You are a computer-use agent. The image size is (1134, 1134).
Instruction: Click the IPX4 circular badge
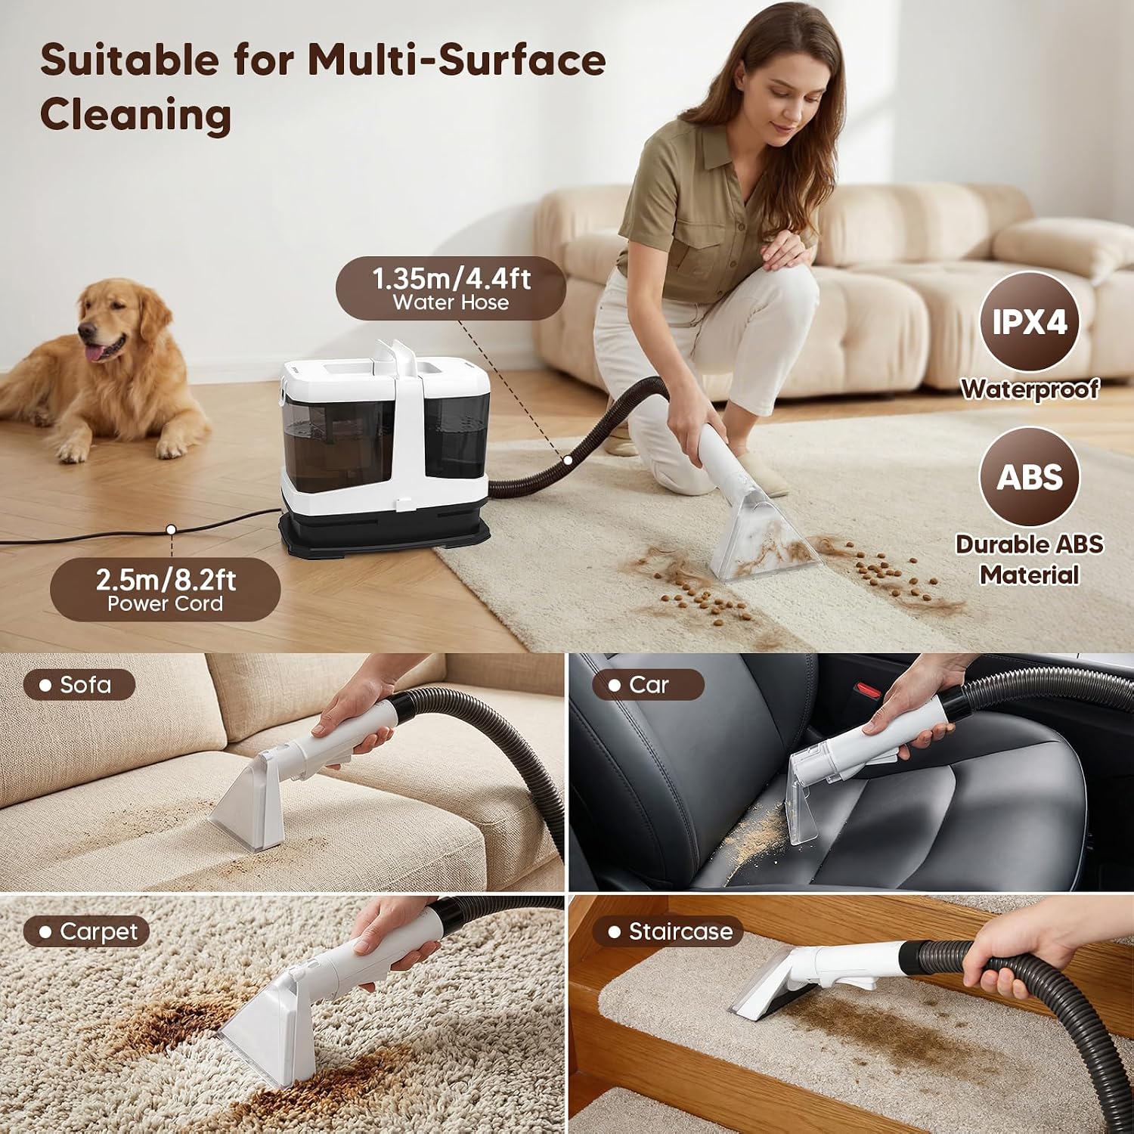(x=1029, y=322)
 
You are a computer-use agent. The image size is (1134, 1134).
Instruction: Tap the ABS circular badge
(x=1029, y=477)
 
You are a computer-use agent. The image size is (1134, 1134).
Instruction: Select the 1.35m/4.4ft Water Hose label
(x=451, y=288)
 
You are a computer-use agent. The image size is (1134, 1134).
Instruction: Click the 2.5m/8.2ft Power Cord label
(x=165, y=590)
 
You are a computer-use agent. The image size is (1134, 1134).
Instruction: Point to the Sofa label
(x=79, y=685)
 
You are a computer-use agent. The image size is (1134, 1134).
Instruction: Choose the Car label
(x=648, y=685)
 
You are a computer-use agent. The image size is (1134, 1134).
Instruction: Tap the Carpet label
(x=85, y=931)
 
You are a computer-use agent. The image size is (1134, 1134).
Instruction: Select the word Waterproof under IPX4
(x=1030, y=389)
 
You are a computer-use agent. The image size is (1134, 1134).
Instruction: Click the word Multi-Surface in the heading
(x=457, y=60)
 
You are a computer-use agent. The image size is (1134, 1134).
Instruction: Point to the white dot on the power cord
(x=172, y=530)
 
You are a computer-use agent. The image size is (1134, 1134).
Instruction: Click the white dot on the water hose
(x=567, y=459)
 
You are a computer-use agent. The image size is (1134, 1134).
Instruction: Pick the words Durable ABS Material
(x=1029, y=559)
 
